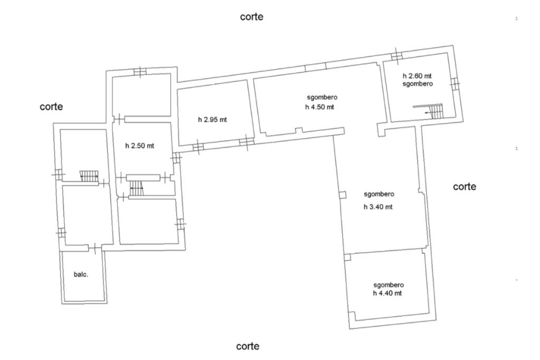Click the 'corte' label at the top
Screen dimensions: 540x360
(x=252, y=16)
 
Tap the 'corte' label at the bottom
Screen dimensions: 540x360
(x=248, y=346)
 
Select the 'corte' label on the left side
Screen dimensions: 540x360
(x=51, y=106)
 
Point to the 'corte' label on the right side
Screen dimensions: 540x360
(x=465, y=187)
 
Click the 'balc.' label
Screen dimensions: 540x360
(x=81, y=274)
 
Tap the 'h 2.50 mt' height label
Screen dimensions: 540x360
(x=139, y=145)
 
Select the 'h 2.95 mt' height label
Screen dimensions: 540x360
(x=213, y=120)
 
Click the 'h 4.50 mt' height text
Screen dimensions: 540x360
(x=320, y=107)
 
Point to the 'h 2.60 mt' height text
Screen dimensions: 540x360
(x=417, y=76)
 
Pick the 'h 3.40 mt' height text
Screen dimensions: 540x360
(x=378, y=207)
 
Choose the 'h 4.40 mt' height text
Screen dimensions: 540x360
(x=388, y=293)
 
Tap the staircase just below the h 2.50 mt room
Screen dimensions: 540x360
(x=137, y=188)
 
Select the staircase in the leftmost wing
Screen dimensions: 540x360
(x=89, y=176)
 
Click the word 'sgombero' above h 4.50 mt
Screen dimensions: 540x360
(x=322, y=98)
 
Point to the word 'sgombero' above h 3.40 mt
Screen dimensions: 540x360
(x=379, y=194)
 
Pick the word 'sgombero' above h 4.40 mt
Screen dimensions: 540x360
(x=389, y=285)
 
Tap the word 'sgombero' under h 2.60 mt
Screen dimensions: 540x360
(x=418, y=84)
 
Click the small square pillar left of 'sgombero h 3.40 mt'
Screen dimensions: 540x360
(x=342, y=195)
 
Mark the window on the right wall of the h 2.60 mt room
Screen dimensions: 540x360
(x=455, y=84)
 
